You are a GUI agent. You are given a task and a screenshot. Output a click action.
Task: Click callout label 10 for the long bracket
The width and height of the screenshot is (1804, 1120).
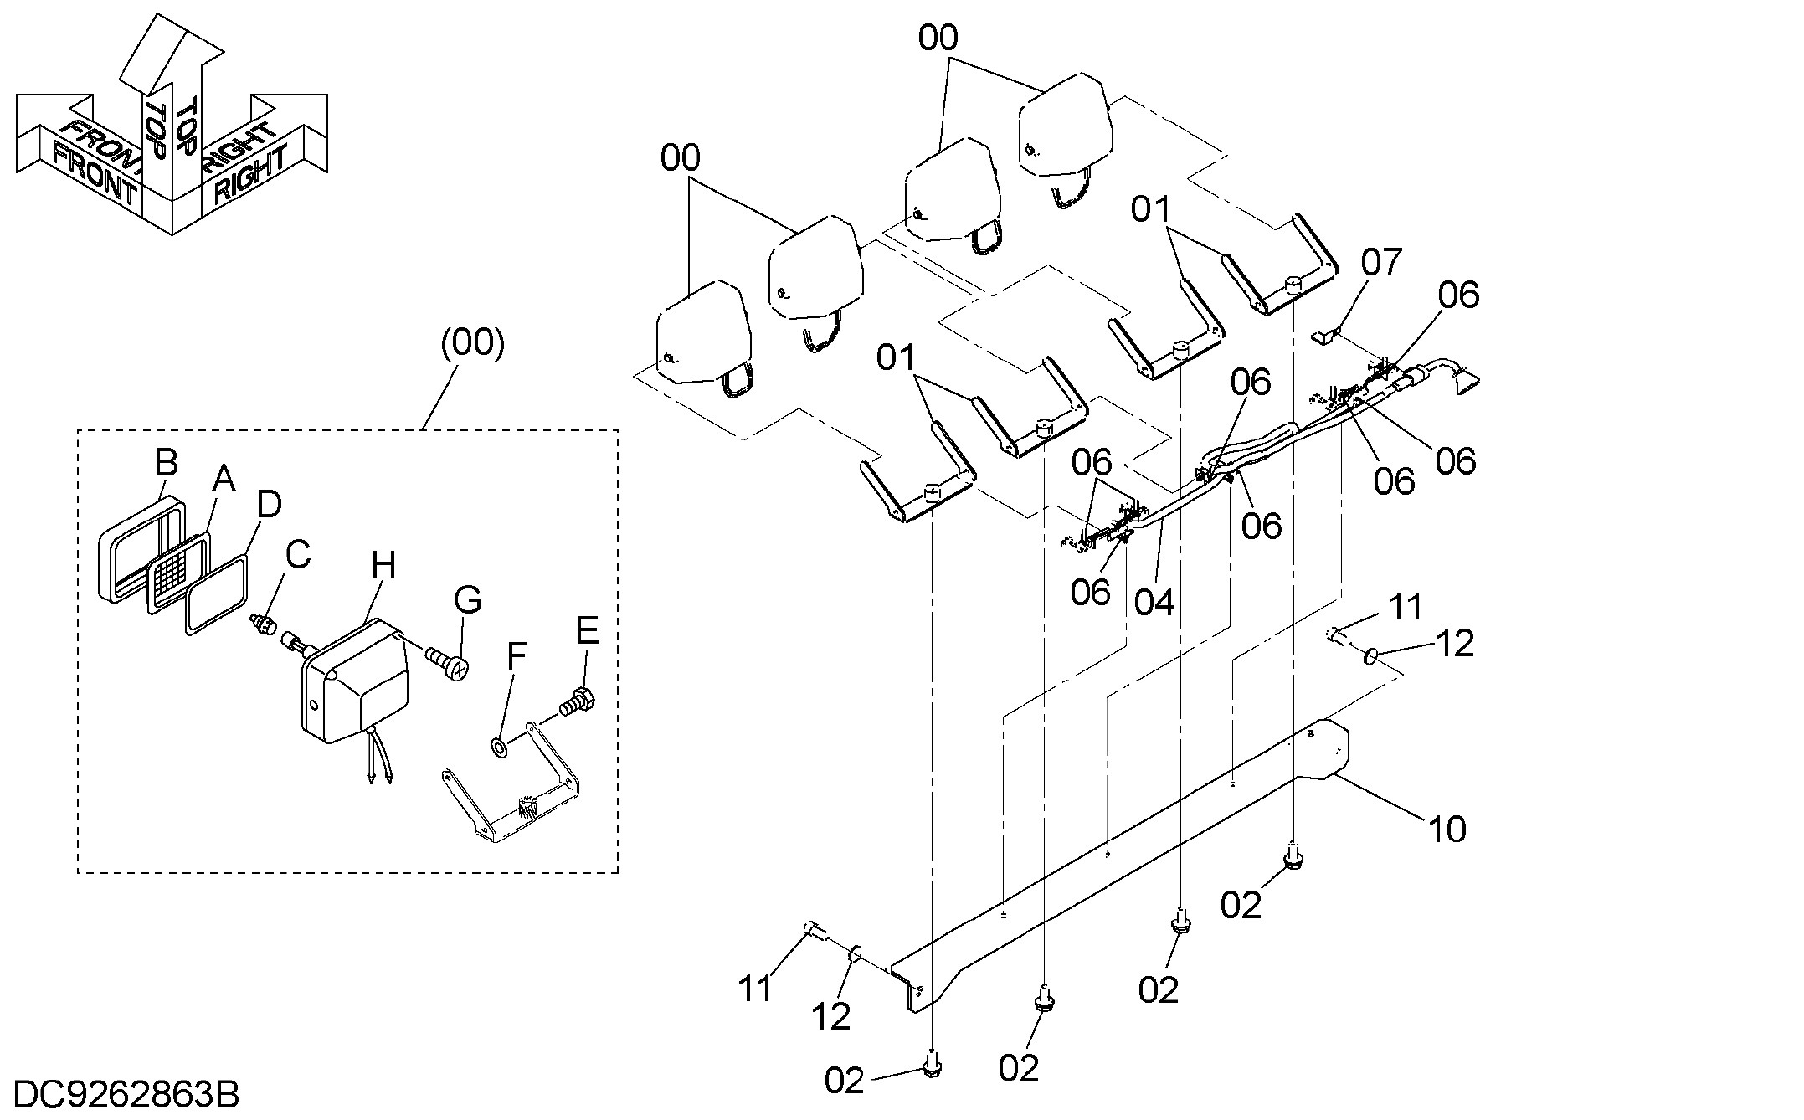1447,829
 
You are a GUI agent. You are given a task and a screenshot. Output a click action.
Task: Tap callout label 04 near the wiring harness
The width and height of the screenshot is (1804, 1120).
1154,602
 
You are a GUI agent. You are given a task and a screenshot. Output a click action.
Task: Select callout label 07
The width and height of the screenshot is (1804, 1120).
1381,263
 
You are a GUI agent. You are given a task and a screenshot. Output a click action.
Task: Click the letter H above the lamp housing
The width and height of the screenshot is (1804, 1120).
383,567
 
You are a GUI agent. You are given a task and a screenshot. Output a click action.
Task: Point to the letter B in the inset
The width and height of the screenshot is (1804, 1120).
167,462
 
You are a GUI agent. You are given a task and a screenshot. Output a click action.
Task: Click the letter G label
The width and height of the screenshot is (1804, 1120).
467,600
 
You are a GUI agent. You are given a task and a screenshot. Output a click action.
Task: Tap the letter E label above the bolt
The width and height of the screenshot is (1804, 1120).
587,630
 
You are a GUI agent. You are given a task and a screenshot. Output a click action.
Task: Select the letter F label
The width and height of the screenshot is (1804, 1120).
517,657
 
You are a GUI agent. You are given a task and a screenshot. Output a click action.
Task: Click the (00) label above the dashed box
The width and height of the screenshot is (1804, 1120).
473,343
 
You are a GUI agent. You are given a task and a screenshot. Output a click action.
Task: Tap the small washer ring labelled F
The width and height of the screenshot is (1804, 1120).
498,746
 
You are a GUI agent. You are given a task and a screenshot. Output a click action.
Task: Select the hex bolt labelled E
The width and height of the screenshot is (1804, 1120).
578,702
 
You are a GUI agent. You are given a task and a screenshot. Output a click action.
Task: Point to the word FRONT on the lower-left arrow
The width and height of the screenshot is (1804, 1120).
94,174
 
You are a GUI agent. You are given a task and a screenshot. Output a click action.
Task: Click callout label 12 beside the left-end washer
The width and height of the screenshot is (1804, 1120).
831,1015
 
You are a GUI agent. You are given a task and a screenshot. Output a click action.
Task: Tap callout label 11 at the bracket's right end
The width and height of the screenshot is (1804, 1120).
1406,607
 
